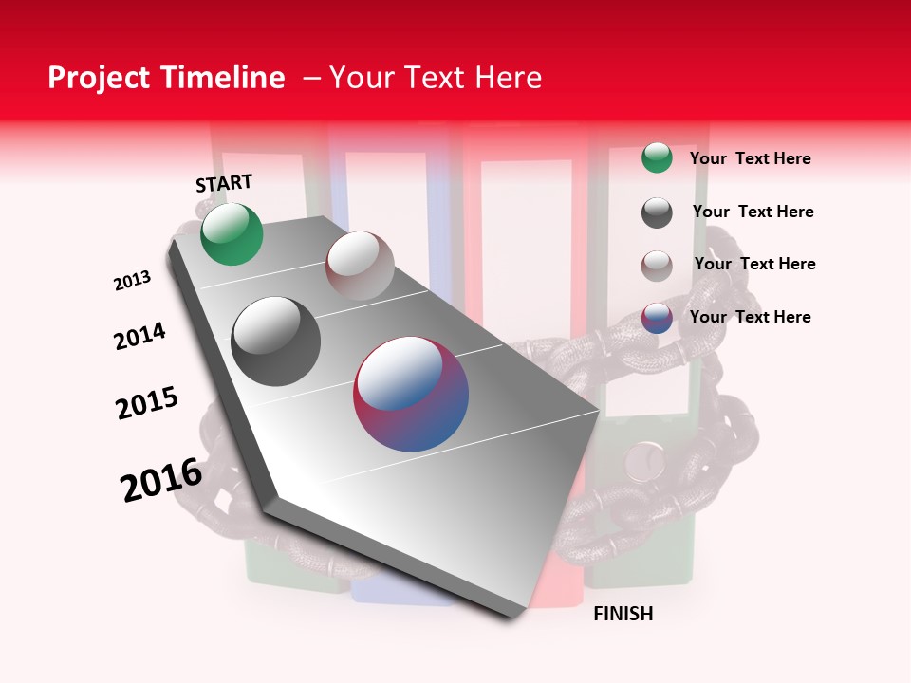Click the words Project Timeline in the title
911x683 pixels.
point(166,78)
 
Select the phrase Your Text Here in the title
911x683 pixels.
point(436,78)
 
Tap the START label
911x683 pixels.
point(224,183)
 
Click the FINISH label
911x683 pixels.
point(623,614)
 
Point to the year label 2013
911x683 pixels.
point(132,281)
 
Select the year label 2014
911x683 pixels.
point(139,336)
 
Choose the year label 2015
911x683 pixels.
point(147,402)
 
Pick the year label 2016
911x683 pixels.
point(161,480)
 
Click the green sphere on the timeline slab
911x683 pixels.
point(232,233)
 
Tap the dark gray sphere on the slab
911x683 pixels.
point(275,341)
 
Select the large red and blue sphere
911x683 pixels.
point(411,394)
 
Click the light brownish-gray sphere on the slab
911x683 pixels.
point(360,265)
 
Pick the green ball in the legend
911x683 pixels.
point(657,157)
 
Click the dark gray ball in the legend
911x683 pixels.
point(657,212)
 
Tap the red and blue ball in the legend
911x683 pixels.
point(657,318)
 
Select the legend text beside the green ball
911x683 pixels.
point(750,158)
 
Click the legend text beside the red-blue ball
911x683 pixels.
point(750,317)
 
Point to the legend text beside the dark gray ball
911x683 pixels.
point(753,212)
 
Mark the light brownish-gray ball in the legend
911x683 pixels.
point(657,266)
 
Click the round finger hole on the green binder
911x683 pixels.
point(646,462)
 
